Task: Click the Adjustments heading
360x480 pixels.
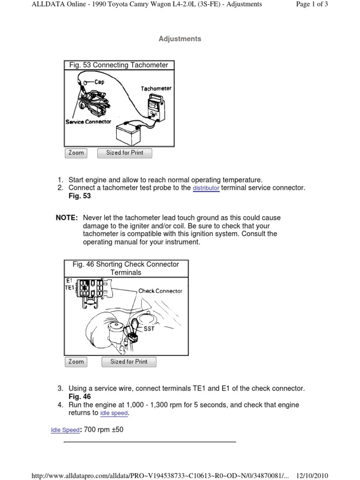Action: coord(180,39)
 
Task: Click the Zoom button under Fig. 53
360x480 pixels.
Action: coord(76,153)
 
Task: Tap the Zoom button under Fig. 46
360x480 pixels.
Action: coord(76,361)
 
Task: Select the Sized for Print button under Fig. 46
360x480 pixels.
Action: coord(128,361)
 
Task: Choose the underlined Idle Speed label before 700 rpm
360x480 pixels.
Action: coord(65,430)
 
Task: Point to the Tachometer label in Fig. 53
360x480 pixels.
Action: coord(156,88)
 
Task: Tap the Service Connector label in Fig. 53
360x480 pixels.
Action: coord(88,121)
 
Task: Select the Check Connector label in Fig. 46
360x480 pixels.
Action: coord(160,291)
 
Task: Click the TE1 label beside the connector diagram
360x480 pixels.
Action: coord(69,288)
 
